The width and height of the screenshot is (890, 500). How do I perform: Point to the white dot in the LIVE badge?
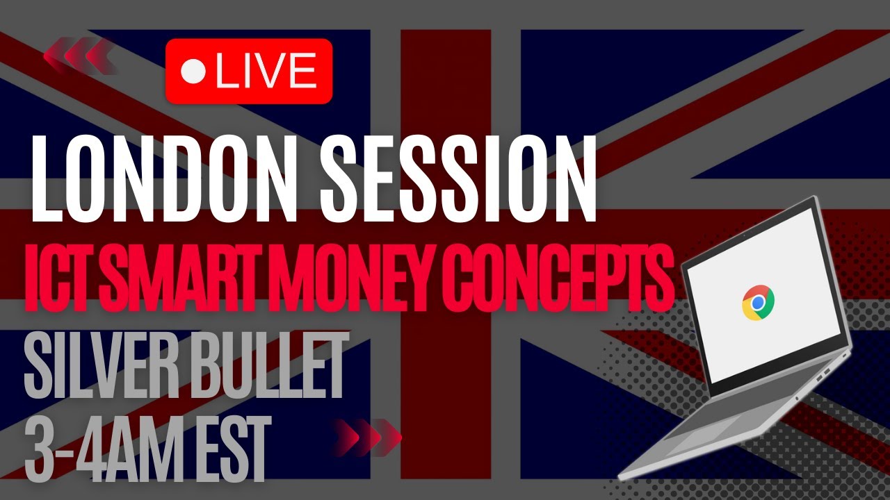click(x=193, y=72)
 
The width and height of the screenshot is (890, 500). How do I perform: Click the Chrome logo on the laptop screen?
click(x=759, y=303)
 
